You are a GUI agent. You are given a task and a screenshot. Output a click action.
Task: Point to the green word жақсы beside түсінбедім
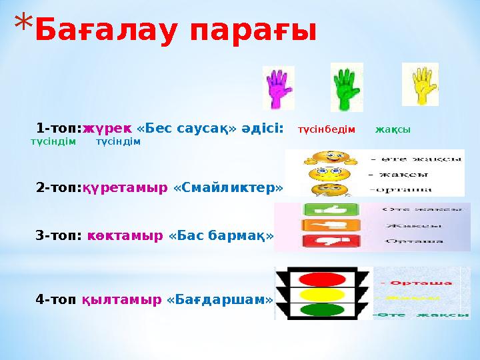393,129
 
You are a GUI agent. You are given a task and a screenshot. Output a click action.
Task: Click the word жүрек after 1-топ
107,128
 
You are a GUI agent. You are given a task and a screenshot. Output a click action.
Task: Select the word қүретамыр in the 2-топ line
125,188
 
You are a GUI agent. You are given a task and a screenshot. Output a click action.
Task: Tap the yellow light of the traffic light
323,294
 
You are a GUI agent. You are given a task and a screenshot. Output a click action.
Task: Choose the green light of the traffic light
323,310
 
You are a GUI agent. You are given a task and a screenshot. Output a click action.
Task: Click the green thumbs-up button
322,209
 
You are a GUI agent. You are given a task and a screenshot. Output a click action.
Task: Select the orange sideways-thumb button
322,225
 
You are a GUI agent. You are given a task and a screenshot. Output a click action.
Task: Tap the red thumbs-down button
322,241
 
